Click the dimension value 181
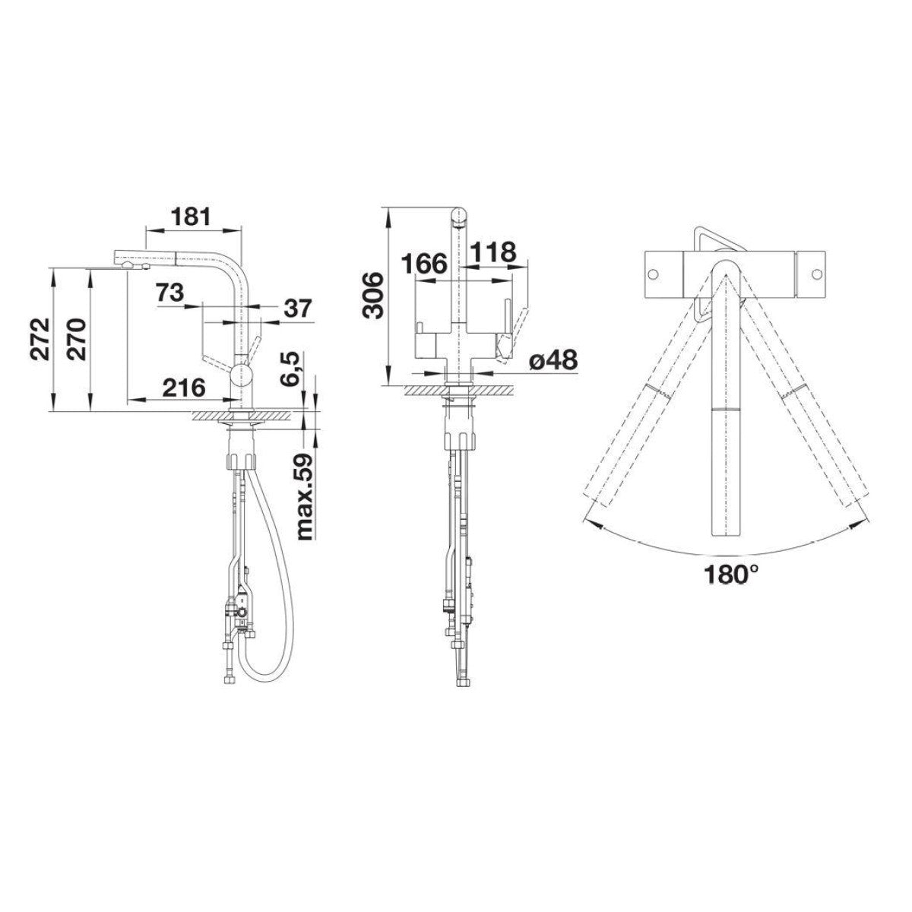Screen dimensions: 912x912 [x=190, y=217]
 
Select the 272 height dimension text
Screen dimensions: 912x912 [x=40, y=339]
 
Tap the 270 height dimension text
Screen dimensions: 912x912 [x=76, y=339]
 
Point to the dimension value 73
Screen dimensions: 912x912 [x=170, y=293]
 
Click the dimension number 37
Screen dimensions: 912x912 [x=298, y=309]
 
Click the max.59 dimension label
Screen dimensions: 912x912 [x=306, y=496]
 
